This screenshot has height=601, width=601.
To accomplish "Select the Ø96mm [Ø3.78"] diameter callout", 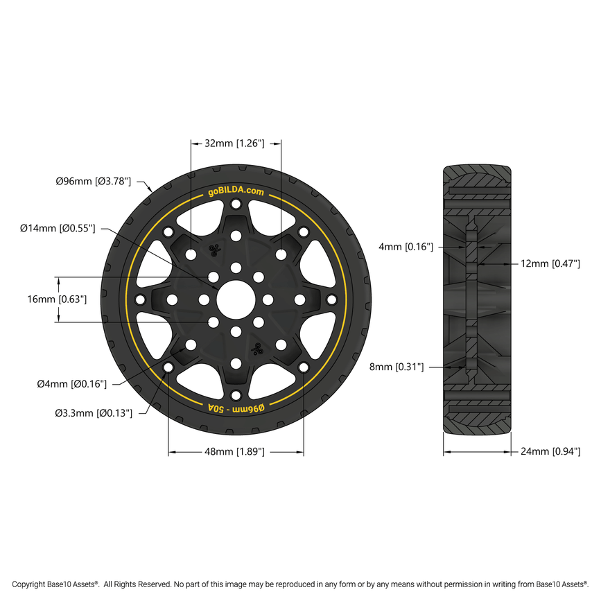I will click(93, 182).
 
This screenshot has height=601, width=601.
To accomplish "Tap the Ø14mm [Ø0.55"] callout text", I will click(58, 228).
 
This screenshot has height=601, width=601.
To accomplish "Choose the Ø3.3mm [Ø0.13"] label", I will click(94, 413).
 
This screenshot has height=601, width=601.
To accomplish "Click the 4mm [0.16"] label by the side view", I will click(406, 246).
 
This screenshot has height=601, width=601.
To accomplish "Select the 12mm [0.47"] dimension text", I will click(550, 263).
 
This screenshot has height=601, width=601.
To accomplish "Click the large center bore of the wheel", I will click(236, 299).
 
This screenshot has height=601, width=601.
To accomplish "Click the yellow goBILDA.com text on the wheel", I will click(236, 192).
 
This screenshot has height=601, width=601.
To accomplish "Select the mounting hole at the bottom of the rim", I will click(236, 395).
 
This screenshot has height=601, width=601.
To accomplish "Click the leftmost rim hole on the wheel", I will click(140, 299).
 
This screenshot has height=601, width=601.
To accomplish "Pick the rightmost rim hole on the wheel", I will click(331, 299).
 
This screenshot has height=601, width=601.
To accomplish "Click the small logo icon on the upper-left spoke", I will click(214, 250).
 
